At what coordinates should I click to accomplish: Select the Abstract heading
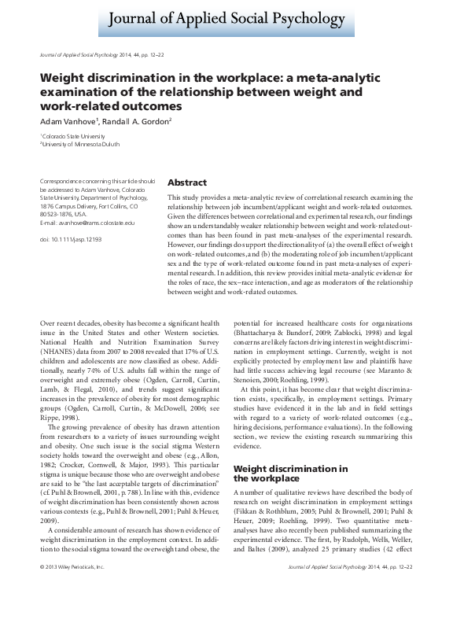[x=187, y=182]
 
